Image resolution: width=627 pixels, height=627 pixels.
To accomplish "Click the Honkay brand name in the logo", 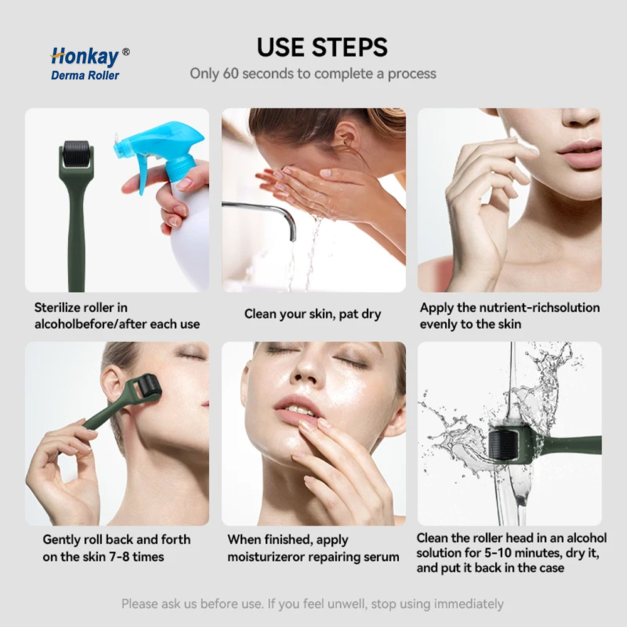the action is coord(85,56).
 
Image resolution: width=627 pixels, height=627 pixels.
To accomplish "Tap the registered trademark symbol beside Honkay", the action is coord(125,51).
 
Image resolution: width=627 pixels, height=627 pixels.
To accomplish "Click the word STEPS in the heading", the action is coord(349,47).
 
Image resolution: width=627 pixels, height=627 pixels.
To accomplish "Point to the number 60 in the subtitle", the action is coord(231,73).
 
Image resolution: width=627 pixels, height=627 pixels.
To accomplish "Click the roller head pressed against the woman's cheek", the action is coord(147,386).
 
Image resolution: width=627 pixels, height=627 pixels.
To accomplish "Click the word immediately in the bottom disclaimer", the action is coord(468,604).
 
